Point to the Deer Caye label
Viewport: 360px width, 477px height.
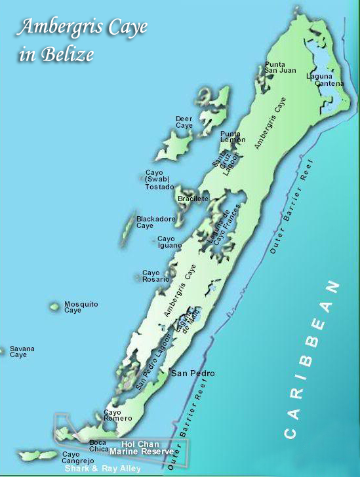(x=184, y=122)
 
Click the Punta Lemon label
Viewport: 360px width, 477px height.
(x=233, y=137)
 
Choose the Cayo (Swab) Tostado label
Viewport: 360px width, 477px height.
(x=159, y=180)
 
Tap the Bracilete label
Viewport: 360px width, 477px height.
(x=193, y=198)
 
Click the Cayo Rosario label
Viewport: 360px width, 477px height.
(x=156, y=276)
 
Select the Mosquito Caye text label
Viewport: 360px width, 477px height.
(x=81, y=307)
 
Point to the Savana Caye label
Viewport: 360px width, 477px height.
(x=22, y=352)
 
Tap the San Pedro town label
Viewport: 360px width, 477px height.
(x=193, y=373)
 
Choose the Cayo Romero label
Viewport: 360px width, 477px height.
(x=118, y=415)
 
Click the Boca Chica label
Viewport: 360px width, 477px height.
(x=98, y=446)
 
